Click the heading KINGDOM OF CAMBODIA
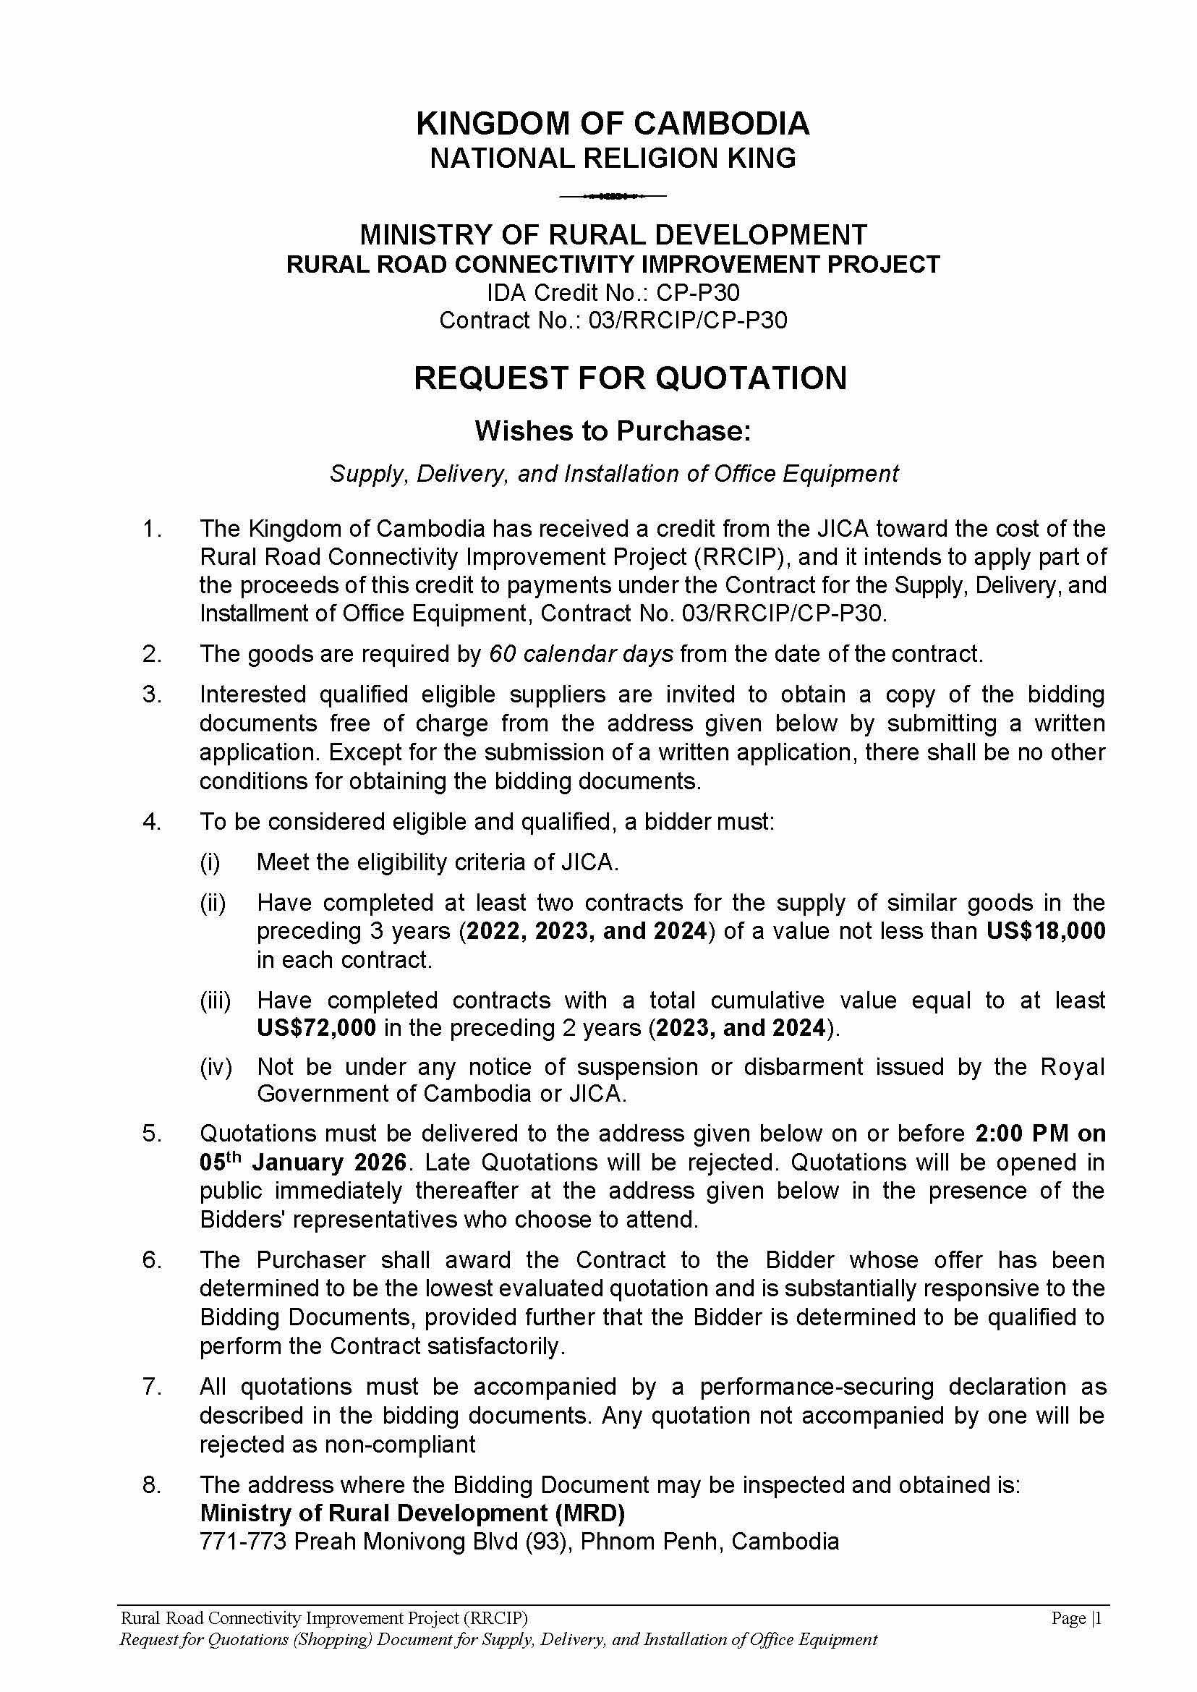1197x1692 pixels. pyautogui.click(x=613, y=124)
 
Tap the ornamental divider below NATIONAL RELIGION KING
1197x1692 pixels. pyautogui.click(x=613, y=196)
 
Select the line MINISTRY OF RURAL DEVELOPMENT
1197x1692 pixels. pyautogui.click(x=613, y=235)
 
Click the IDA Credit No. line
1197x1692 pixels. pyautogui.click(x=613, y=293)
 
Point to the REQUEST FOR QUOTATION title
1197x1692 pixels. pyautogui.click(x=629, y=378)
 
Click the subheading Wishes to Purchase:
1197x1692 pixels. pyautogui.click(x=613, y=431)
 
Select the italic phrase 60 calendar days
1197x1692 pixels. pyautogui.click(x=581, y=654)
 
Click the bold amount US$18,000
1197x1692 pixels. pyautogui.click(x=1046, y=931)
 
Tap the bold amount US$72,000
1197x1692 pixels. pyautogui.click(x=316, y=1028)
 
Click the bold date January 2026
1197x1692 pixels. pyautogui.click(x=329, y=1162)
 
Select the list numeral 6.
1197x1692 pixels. pyautogui.click(x=151, y=1260)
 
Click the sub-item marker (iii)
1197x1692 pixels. pyautogui.click(x=216, y=1000)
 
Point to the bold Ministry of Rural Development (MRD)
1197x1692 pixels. pyautogui.click(x=412, y=1513)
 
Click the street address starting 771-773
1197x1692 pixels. pyautogui.click(x=519, y=1542)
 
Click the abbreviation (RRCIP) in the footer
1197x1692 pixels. pyautogui.click(x=495, y=1618)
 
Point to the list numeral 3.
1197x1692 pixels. pyautogui.click(x=151, y=694)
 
